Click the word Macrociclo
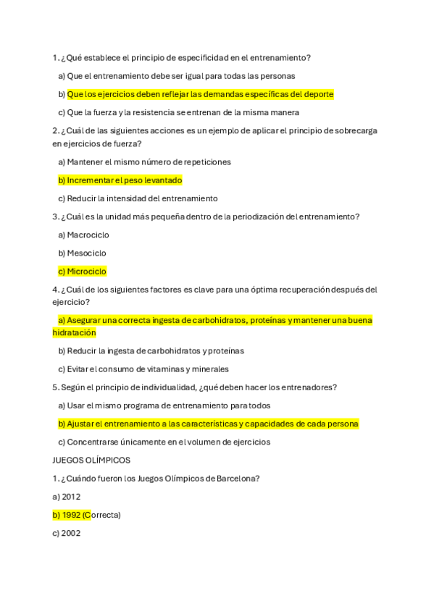pos(88,235)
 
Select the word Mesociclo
pos(86,253)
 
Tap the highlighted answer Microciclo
pos(86,272)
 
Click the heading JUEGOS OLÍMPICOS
pos(91,460)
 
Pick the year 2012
pos(71,497)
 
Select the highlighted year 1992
pos(71,515)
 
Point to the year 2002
pos(71,533)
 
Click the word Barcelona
pos(237,478)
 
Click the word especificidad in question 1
pos(205,58)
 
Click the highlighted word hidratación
pos(74,332)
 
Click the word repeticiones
pos(205,162)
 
